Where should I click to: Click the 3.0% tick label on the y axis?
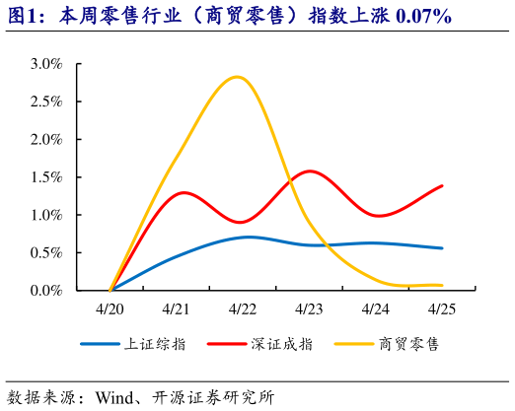[x=46, y=64]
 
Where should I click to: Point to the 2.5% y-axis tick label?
[x=46, y=102]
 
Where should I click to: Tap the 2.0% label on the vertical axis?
[x=46, y=139]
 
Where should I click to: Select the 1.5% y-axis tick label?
[x=46, y=176]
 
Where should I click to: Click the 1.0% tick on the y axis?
[x=46, y=215]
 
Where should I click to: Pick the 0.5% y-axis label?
[x=46, y=252]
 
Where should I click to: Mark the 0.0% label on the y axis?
[x=46, y=290]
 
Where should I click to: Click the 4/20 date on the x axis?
[x=110, y=308]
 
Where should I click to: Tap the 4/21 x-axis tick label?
[x=176, y=308]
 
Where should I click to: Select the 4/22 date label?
[x=243, y=308]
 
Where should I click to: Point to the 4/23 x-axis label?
[x=309, y=308]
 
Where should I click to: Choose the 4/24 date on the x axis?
[x=375, y=308]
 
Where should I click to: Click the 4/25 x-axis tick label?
[x=441, y=308]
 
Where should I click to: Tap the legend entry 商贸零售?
[x=407, y=344]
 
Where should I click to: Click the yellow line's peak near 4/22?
[x=237, y=77]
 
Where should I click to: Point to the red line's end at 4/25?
[x=441, y=185]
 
